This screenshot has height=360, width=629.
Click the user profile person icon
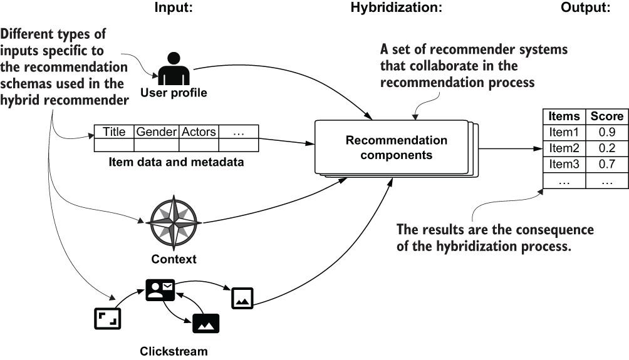tap(173, 69)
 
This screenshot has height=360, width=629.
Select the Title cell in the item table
tap(114, 132)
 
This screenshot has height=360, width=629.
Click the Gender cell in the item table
tap(157, 132)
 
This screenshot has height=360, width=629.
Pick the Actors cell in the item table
tap(199, 132)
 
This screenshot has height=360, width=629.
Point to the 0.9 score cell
tap(607, 132)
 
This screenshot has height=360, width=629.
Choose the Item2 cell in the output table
tap(564, 148)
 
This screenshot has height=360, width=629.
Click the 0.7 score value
tap(607, 165)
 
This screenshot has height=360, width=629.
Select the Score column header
tap(607, 116)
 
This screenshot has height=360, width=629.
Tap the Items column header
tap(564, 116)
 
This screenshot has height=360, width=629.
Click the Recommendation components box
tap(388, 147)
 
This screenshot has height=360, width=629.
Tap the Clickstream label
tap(173, 351)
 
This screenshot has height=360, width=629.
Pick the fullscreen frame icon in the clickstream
tap(107, 319)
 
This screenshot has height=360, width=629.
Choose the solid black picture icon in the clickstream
tap(206, 323)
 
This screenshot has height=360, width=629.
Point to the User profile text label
tap(174, 93)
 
